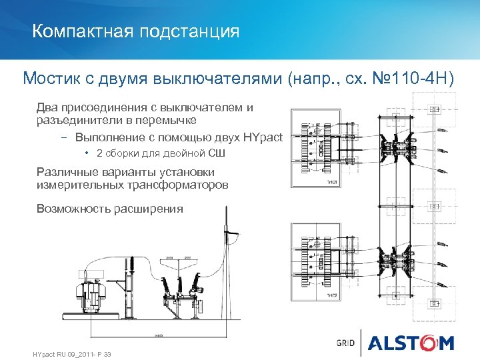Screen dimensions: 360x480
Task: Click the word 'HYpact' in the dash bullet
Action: (x=263, y=138)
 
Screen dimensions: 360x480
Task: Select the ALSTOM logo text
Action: (x=411, y=343)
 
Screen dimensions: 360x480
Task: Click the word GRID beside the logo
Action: (x=345, y=343)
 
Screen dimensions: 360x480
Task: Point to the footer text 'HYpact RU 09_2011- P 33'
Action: (x=71, y=354)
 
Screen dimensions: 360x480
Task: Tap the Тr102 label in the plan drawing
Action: (x=331, y=293)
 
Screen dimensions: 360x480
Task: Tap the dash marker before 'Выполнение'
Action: (x=64, y=139)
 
